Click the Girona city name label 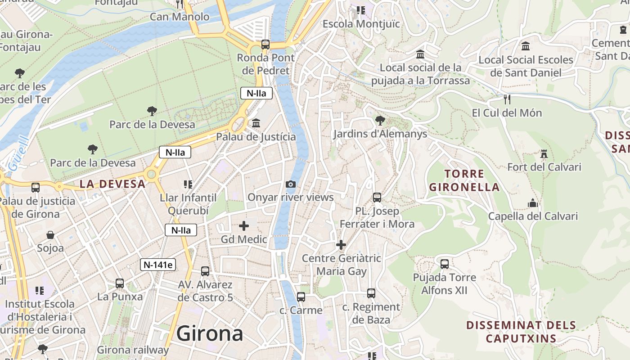point(210,334)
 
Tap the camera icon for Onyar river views point(291,184)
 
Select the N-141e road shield point(158,265)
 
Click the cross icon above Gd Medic point(244,226)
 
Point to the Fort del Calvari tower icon point(544,154)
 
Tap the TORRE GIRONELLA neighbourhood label point(464,180)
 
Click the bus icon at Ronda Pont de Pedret point(265,45)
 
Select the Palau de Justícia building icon point(256,123)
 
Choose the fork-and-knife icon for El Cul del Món point(507,99)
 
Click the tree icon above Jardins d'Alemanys point(380,120)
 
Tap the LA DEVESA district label point(112,184)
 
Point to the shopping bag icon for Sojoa point(50,235)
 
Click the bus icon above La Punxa point(120,283)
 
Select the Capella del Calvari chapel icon point(533,203)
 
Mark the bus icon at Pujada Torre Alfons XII point(445,264)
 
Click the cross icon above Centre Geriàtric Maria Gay point(341,245)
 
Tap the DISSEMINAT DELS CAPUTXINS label point(521,332)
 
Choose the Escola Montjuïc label point(361,24)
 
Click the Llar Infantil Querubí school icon point(188,184)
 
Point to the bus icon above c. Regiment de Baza point(371,293)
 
